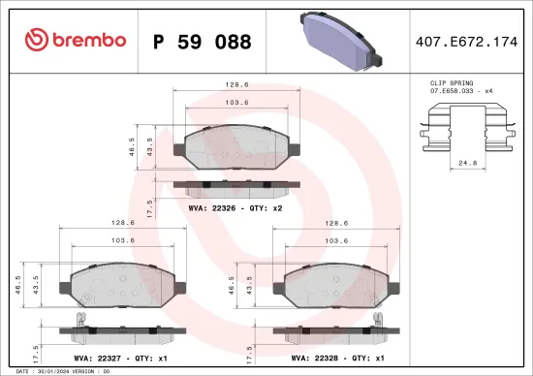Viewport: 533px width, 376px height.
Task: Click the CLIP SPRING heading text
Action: point(453,84)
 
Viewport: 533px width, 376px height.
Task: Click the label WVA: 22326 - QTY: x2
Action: point(236,206)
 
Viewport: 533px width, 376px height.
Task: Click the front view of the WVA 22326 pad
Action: point(236,148)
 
